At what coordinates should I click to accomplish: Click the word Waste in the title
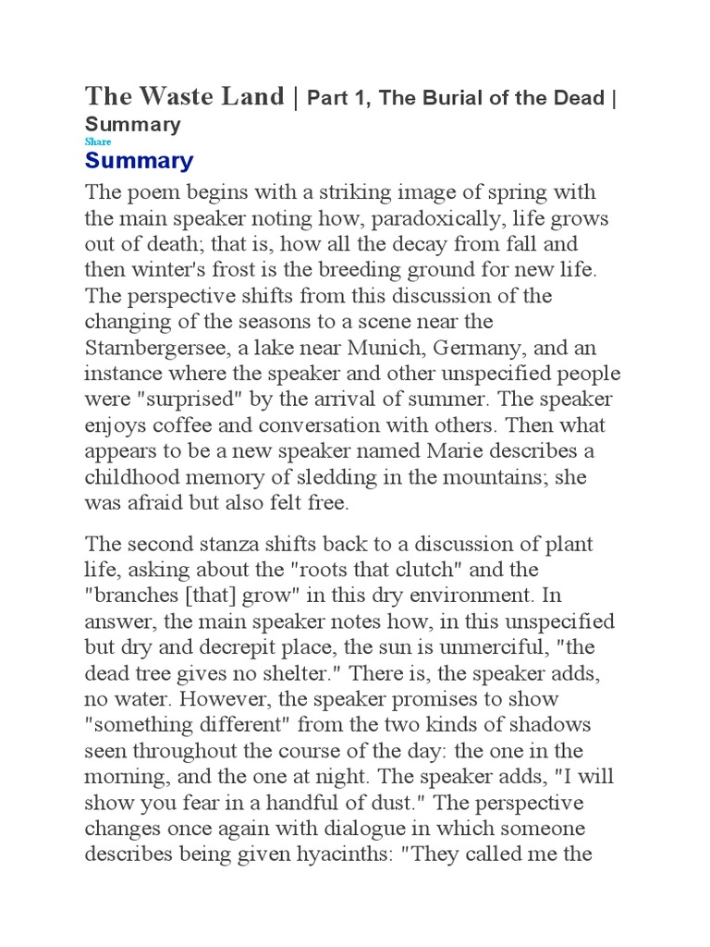point(173,96)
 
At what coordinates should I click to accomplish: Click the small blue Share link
point(97,141)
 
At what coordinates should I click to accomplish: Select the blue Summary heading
point(139,161)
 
